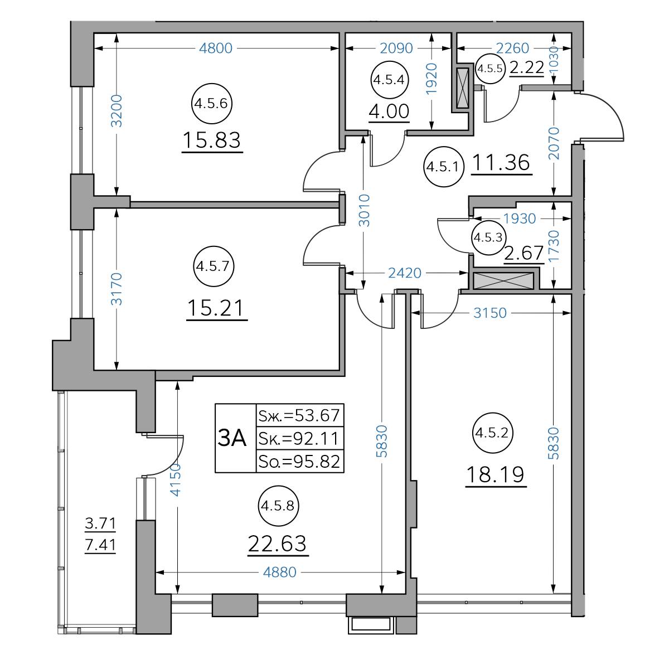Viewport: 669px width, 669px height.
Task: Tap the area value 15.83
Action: click(211, 140)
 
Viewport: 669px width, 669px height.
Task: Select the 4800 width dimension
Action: click(216, 49)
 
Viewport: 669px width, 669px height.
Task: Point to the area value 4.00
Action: click(389, 111)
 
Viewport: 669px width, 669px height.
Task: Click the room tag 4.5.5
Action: click(490, 69)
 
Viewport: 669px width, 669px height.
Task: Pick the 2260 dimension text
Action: click(512, 49)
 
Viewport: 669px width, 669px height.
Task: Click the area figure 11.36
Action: click(501, 162)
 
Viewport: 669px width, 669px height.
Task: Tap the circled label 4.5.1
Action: click(443, 167)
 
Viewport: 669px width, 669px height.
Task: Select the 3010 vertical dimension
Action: click(364, 211)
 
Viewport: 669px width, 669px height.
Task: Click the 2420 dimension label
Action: click(404, 273)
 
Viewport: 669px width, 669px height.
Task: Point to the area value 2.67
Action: click(523, 253)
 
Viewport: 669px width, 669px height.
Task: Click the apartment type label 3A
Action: click(231, 438)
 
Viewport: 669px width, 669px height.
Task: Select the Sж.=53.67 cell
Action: click(299, 415)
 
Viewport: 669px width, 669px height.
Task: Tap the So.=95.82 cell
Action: click(299, 462)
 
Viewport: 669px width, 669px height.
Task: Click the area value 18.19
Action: click(496, 475)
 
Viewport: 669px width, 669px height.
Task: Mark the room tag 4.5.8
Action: click(278, 506)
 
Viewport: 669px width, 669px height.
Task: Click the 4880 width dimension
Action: click(279, 572)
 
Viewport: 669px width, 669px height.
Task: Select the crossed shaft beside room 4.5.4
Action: click(463, 88)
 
